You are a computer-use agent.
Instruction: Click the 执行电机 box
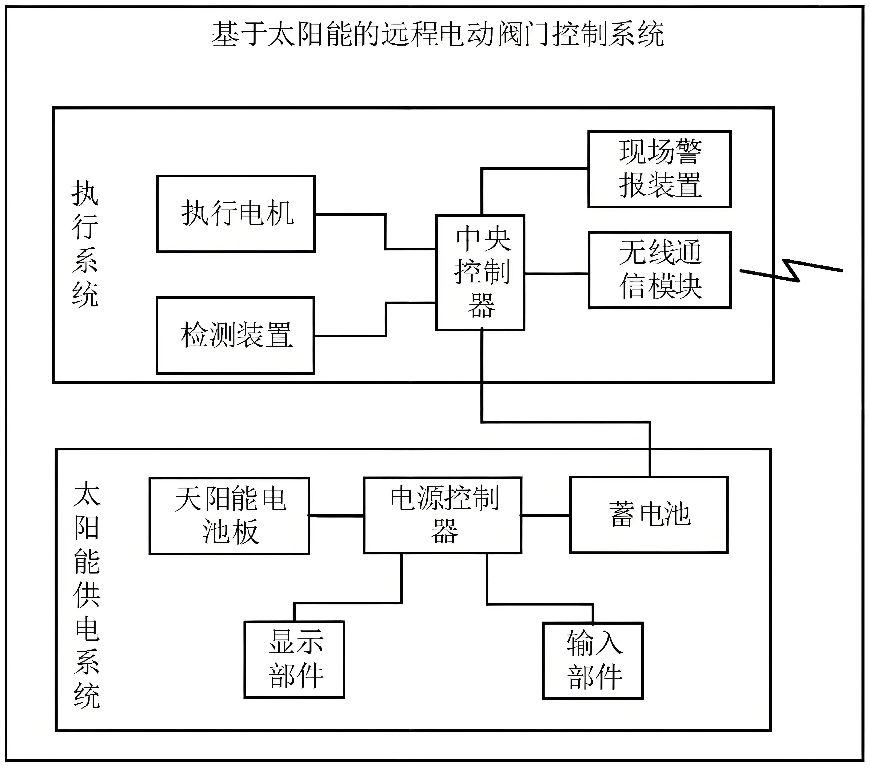pos(236,214)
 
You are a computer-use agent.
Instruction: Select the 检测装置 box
pos(235,335)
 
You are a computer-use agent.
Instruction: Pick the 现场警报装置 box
pos(659,169)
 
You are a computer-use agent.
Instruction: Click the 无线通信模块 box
pos(659,270)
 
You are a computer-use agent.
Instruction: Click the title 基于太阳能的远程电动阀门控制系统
pos(438,34)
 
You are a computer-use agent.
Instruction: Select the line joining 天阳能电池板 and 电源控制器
pos(336,516)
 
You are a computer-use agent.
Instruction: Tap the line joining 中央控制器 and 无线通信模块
pos(556,274)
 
